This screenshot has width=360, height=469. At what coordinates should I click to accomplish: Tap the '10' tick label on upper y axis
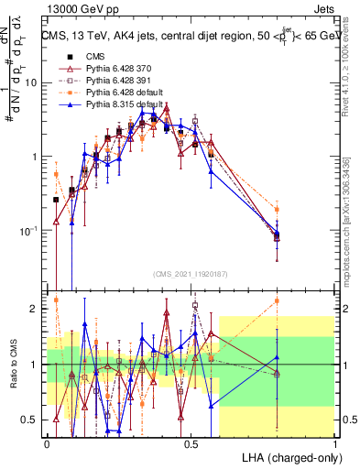pos(29,82)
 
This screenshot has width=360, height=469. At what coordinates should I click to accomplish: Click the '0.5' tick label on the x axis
pos(191,442)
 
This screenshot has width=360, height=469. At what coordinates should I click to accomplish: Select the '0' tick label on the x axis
pos(47,442)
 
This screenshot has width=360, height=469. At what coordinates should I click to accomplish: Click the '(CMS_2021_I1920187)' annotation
pos(191,274)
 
